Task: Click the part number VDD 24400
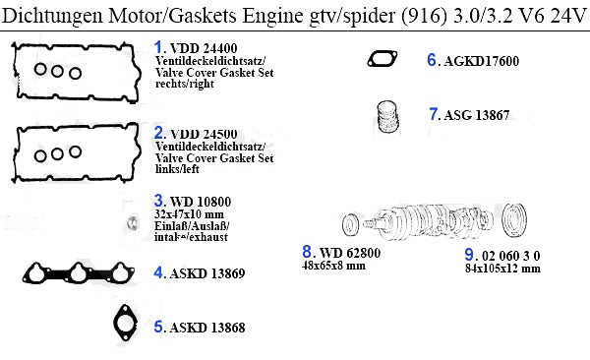(x=204, y=48)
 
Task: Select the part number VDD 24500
(x=204, y=134)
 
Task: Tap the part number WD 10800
(x=201, y=202)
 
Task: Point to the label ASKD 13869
(x=207, y=273)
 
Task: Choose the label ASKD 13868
(x=207, y=328)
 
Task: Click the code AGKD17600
(x=481, y=61)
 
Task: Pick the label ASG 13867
(x=477, y=115)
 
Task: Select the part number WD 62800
(x=350, y=253)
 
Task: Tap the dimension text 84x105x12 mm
(x=502, y=269)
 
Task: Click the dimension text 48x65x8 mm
(x=333, y=266)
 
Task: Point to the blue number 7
(x=434, y=114)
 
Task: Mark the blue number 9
(x=469, y=255)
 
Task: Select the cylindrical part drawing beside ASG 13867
(x=387, y=116)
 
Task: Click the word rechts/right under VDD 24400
(x=185, y=84)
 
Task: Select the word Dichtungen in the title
(x=52, y=16)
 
